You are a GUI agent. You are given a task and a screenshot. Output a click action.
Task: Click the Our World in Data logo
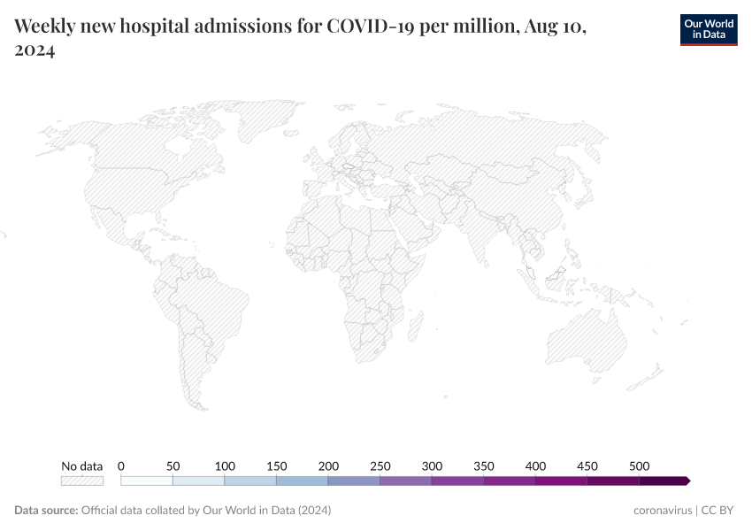pos(708,28)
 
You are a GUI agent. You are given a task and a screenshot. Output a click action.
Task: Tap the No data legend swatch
pos(81,481)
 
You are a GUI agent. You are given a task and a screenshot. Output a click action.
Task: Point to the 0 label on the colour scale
pos(121,466)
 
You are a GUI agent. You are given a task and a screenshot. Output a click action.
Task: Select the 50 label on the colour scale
pos(173,466)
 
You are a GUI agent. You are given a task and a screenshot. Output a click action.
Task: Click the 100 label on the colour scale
pos(225,466)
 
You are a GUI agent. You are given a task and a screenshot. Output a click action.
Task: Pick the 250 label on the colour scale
pos(380,466)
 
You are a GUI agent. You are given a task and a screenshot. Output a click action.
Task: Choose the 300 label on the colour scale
pos(432,466)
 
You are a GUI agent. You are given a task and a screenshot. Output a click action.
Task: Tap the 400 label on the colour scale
pos(535,466)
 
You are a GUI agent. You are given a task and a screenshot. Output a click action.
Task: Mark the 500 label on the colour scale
pos(639,466)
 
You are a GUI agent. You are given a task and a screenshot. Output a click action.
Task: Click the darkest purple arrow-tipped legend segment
pos(664,481)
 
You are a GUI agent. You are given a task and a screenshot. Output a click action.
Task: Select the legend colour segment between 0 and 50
pos(147,481)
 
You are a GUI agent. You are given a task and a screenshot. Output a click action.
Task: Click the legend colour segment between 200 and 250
pos(354,481)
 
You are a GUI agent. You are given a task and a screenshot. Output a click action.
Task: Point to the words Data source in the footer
pos(45,511)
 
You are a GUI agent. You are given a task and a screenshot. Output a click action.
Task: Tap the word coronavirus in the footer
pos(663,511)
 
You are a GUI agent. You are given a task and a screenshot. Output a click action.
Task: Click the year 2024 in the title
pos(35,51)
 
